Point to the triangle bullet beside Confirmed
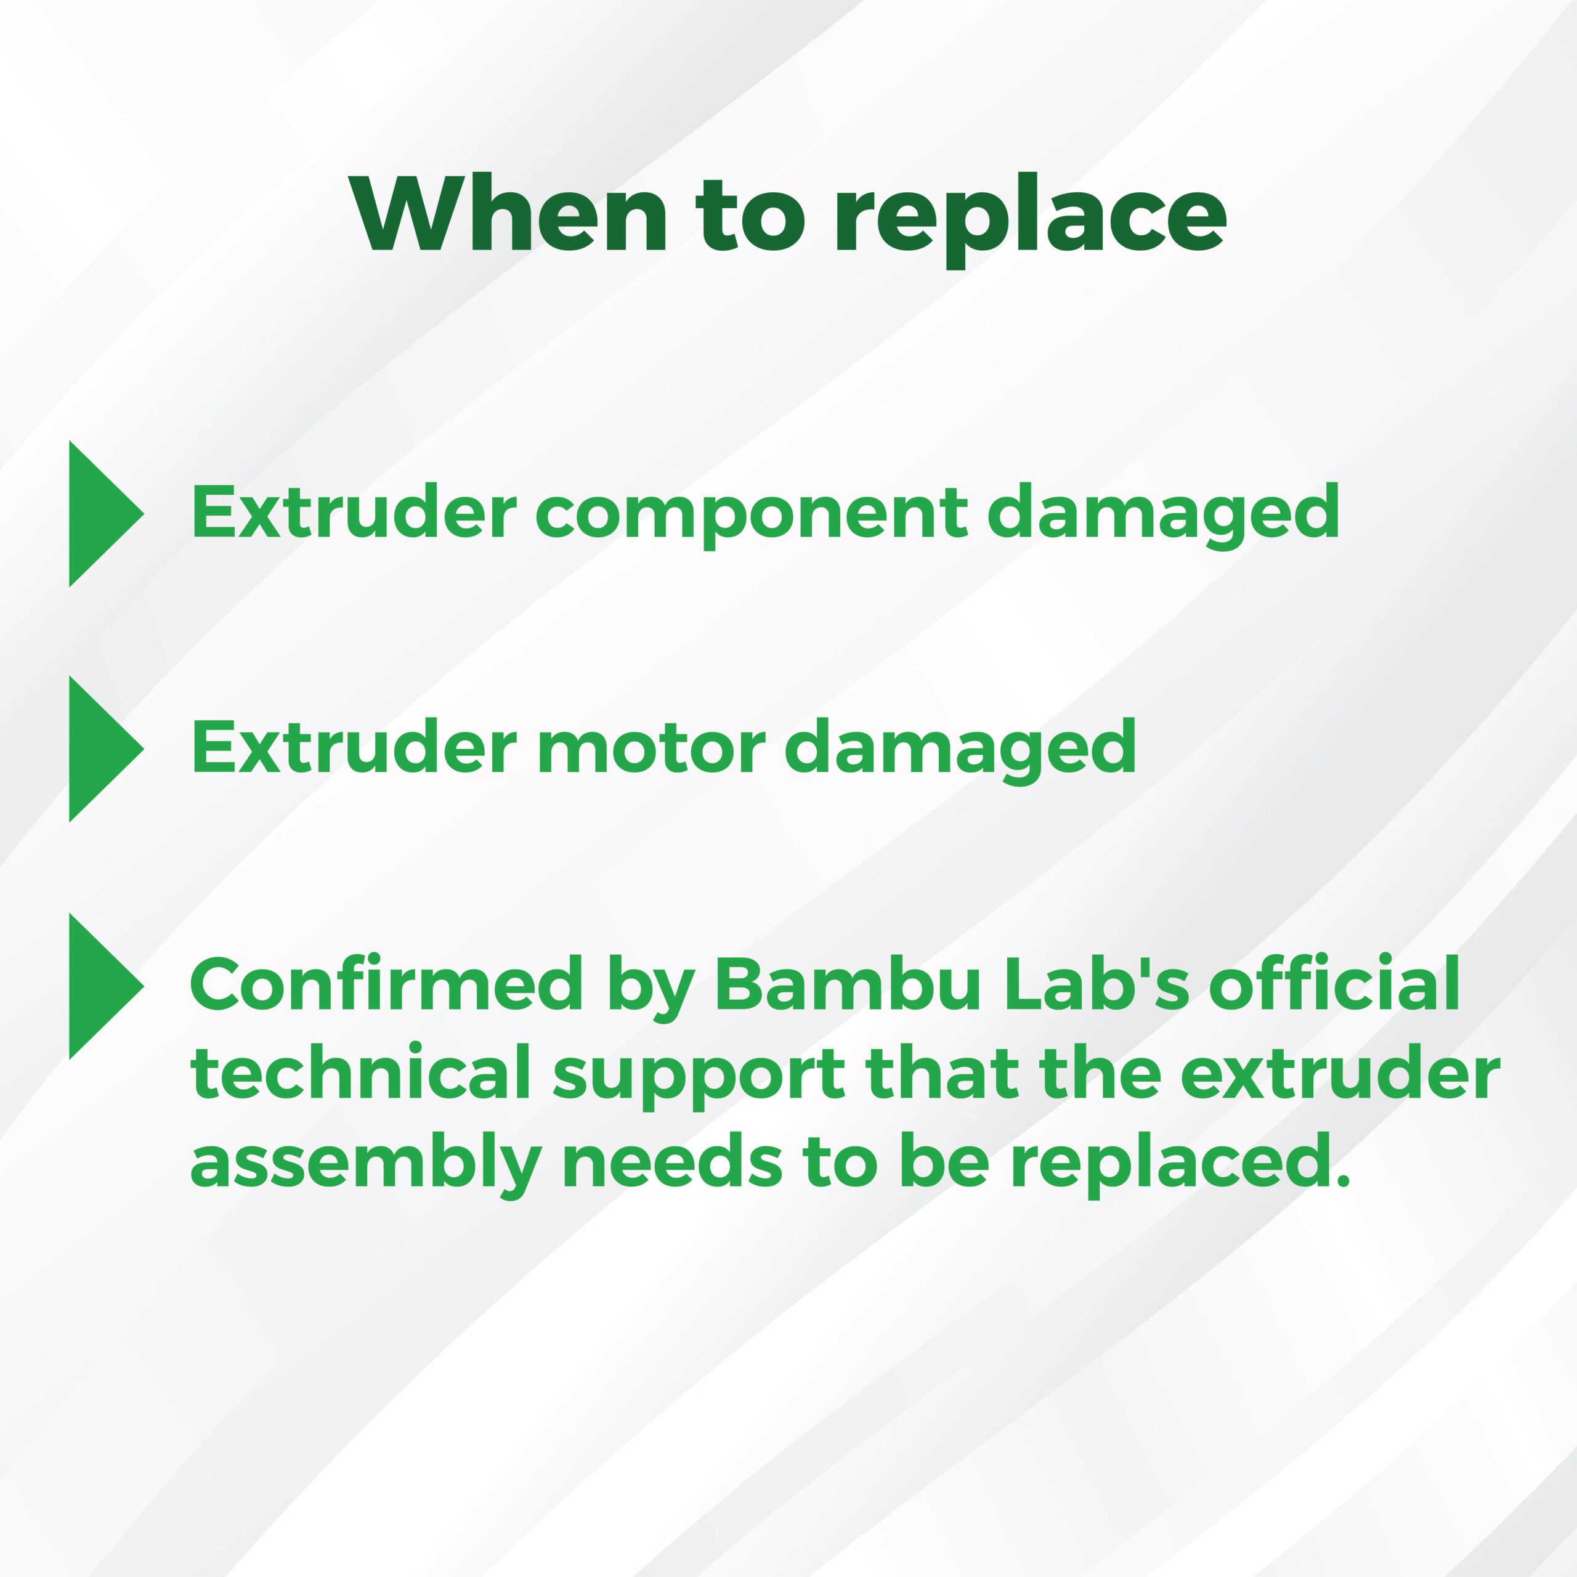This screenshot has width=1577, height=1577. click(x=106, y=986)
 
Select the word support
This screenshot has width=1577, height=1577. click(x=699, y=1077)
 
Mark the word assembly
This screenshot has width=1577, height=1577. click(x=364, y=1166)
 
